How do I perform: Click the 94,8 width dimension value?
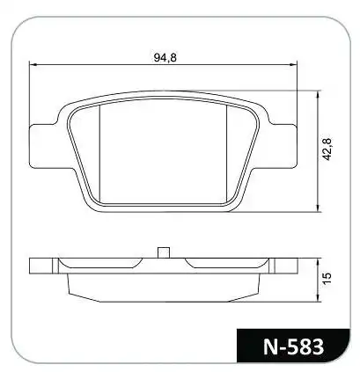click(x=165, y=57)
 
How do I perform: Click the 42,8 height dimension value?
click(x=327, y=149)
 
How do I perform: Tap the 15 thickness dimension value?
click(x=327, y=278)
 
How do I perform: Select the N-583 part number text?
click(x=293, y=346)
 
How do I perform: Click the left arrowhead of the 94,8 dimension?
click(x=32, y=65)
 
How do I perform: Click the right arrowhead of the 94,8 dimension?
click(x=294, y=65)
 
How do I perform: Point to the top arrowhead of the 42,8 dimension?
click(x=318, y=94)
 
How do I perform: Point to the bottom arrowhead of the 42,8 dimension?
click(x=318, y=208)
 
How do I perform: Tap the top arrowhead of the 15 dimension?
click(x=318, y=261)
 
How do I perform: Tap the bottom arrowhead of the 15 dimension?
click(x=318, y=298)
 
